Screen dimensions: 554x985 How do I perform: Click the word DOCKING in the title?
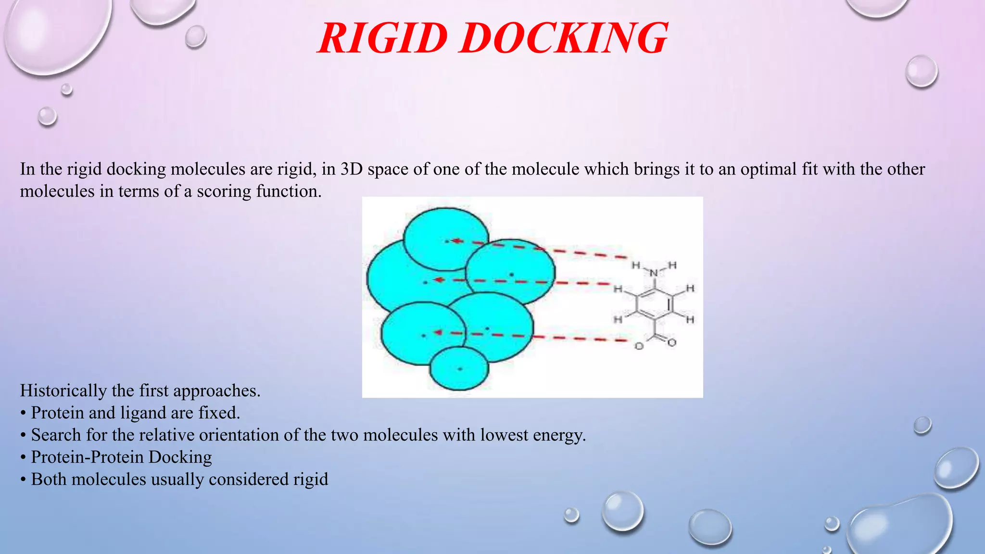563,38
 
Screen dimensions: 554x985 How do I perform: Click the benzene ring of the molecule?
654,304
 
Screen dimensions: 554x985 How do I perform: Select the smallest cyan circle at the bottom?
459,368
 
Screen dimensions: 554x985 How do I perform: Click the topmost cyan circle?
445,239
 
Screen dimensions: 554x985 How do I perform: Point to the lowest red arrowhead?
438,332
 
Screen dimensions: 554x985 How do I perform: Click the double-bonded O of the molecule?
672,342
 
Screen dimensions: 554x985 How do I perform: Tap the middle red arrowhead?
438,280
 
